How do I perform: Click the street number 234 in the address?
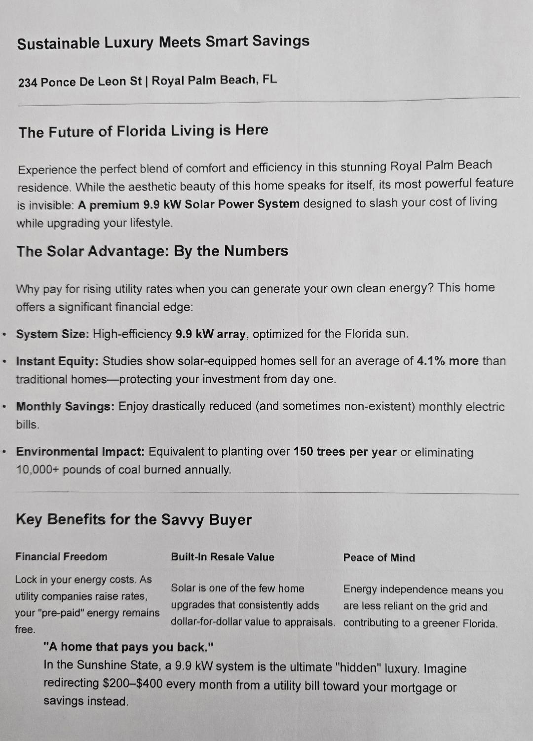tap(28, 82)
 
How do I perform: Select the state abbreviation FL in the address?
tap(269, 79)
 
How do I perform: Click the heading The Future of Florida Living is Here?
tap(144, 131)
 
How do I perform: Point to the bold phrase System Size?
tap(52, 334)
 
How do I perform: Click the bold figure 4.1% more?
tap(448, 361)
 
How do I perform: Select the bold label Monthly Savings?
tap(65, 407)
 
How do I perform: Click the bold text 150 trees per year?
tap(345, 452)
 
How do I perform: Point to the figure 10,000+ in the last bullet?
tap(38, 469)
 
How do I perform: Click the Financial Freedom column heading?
tap(61, 557)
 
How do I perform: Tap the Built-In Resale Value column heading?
tap(223, 557)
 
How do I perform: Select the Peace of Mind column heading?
tap(379, 558)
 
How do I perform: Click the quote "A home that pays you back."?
tap(128, 647)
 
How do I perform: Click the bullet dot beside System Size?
tap(4, 334)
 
